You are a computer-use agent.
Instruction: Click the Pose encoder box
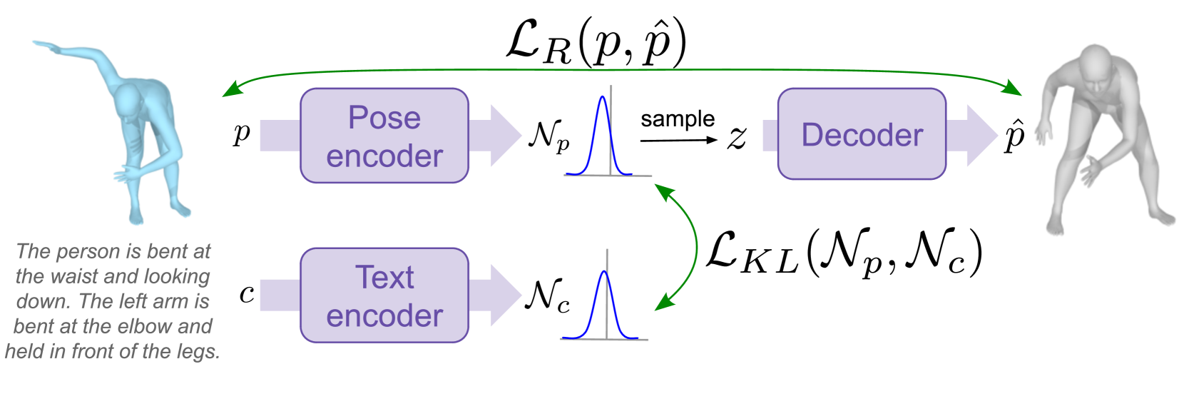384,136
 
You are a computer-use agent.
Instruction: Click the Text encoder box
384,296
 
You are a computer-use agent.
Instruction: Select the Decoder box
862,134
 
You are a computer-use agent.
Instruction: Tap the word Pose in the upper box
384,118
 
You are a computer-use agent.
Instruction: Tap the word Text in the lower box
384,278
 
